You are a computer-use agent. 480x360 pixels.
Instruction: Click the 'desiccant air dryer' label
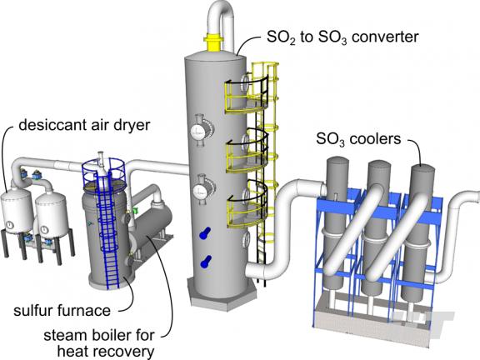tap(84, 126)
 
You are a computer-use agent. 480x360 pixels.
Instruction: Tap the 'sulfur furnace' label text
tap(62, 311)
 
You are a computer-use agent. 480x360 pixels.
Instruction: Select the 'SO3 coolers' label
tap(358, 139)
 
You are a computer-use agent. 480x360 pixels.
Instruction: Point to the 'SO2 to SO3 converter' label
tap(342, 37)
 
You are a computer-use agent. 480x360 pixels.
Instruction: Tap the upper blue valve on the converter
tap(205, 233)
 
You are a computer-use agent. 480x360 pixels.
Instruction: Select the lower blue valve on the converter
tap(205, 262)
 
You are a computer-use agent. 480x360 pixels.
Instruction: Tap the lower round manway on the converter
tap(201, 190)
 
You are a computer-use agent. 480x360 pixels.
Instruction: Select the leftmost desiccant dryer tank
tap(16, 211)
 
